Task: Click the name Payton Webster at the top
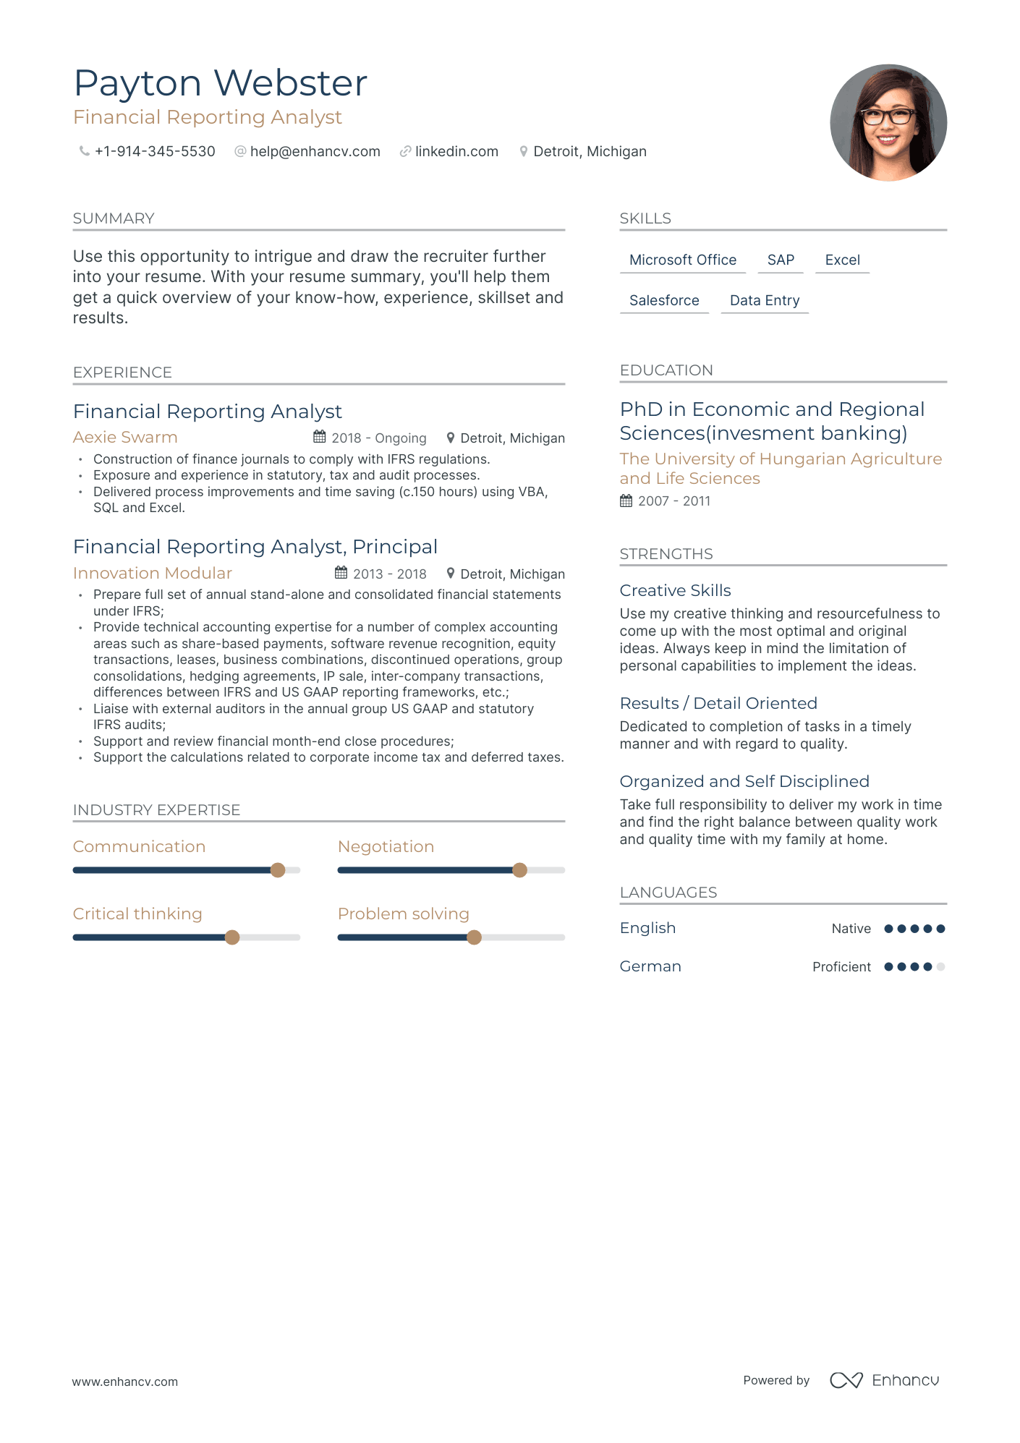[x=221, y=83]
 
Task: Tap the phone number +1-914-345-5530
[x=155, y=152]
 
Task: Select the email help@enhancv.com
[x=315, y=152]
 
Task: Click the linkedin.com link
[x=456, y=152]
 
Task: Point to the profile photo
[x=888, y=123]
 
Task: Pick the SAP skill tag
[x=781, y=260]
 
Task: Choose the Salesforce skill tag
[x=664, y=301]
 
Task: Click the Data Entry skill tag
[x=765, y=301]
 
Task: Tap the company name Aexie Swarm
[x=125, y=438]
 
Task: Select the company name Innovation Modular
[x=153, y=574]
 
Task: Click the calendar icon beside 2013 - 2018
[x=341, y=573]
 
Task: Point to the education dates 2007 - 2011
[x=674, y=501]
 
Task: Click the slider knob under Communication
[x=278, y=870]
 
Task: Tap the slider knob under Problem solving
[x=474, y=937]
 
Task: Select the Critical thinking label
[x=137, y=914]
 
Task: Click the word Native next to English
[x=851, y=929]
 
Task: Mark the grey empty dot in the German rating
[x=940, y=967]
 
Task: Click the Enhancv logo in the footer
[x=885, y=1380]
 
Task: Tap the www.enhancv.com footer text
[x=125, y=1382]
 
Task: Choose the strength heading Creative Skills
[x=675, y=591]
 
